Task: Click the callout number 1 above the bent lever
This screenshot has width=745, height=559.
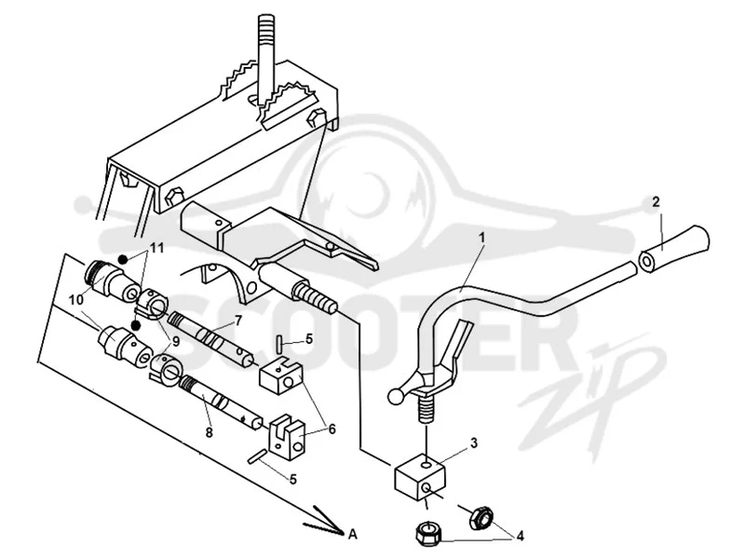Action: tap(481, 238)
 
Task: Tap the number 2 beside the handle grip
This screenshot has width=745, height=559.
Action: tap(656, 202)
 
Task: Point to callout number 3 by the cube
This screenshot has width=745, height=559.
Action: tap(474, 443)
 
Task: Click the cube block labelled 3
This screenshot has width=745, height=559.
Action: tap(420, 476)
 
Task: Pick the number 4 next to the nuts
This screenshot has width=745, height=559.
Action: tap(521, 537)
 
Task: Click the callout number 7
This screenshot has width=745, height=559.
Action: tap(237, 320)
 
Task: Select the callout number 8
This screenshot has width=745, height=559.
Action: tap(209, 432)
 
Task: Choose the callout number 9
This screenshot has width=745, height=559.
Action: tap(176, 341)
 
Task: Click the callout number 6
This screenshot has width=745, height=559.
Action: tap(332, 429)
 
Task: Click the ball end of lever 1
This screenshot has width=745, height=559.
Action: tap(395, 396)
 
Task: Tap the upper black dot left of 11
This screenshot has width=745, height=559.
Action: tap(123, 259)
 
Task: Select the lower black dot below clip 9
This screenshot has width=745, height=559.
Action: tap(136, 325)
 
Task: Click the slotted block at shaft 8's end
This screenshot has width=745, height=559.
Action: tap(287, 437)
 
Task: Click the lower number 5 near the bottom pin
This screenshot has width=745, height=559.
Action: tap(293, 479)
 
